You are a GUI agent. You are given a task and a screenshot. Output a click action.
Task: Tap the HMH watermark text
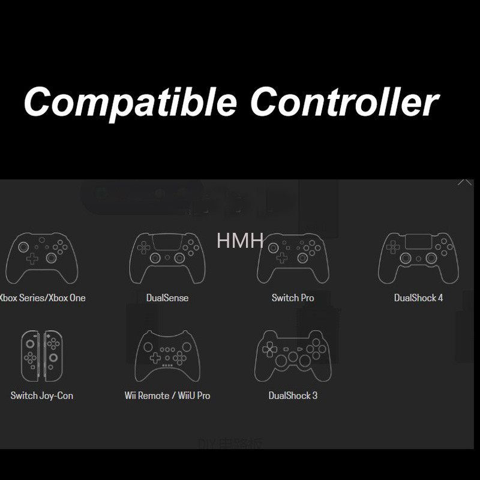click(240, 241)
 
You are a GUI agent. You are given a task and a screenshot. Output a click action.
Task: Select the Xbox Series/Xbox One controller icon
click(41, 258)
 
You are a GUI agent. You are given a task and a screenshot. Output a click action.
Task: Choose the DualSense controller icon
click(167, 258)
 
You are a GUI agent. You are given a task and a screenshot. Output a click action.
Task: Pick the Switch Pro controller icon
click(292, 258)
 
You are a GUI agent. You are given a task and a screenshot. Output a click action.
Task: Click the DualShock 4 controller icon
click(418, 258)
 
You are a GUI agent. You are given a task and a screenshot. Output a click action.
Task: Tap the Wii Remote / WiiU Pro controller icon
click(167, 356)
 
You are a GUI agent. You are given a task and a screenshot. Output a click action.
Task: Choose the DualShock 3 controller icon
click(292, 356)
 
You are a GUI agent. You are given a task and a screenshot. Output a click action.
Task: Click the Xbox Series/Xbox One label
click(43, 298)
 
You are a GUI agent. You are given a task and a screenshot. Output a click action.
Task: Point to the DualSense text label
click(167, 298)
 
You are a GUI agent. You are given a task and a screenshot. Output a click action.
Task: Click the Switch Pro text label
click(292, 298)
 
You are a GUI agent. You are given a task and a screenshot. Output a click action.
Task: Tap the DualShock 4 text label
click(418, 298)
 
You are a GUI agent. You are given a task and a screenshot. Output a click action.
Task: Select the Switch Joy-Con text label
click(41, 395)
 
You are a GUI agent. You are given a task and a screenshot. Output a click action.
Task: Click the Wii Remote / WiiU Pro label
click(167, 395)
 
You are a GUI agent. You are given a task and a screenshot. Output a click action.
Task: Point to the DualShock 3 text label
click(293, 395)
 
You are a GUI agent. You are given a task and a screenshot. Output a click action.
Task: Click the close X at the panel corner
click(465, 180)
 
